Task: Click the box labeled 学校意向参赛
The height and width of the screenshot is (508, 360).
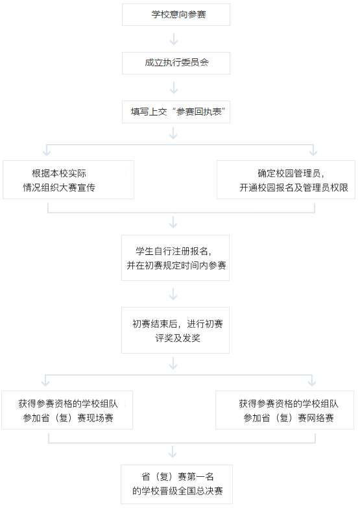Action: [x=176, y=14]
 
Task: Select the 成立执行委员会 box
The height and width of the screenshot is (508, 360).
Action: [x=176, y=63]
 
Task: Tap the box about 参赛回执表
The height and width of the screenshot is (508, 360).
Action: [x=176, y=112]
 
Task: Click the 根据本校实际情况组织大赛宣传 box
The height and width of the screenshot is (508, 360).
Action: [x=68, y=180]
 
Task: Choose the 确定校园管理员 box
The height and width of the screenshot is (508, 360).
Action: [x=286, y=180]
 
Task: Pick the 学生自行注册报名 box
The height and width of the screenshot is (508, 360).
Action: [x=175, y=258]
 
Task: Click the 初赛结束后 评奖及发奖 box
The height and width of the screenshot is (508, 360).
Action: [x=175, y=330]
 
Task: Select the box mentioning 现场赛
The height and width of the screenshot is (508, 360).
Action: [x=67, y=410]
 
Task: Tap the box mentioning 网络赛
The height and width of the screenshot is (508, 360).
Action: [x=285, y=410]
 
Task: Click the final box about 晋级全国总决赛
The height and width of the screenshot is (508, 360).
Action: [x=176, y=485]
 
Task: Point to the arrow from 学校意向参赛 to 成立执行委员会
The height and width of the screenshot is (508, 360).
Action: [x=174, y=39]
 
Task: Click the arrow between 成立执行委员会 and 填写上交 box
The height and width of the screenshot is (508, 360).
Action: [x=174, y=88]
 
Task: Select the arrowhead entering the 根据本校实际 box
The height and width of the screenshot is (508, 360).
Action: [x=47, y=153]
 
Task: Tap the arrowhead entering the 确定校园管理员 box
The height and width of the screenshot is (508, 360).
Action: [x=313, y=153]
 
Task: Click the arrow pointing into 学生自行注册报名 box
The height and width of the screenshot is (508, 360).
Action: [x=173, y=223]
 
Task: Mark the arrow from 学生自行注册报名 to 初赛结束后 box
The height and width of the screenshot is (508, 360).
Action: [x=173, y=294]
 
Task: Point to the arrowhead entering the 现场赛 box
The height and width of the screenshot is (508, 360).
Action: [x=45, y=383]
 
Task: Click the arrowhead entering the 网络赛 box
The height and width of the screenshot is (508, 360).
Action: [x=312, y=383]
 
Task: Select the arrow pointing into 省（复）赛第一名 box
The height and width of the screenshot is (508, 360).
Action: [x=173, y=452]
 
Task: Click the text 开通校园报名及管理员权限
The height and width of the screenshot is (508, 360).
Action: [x=294, y=187]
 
